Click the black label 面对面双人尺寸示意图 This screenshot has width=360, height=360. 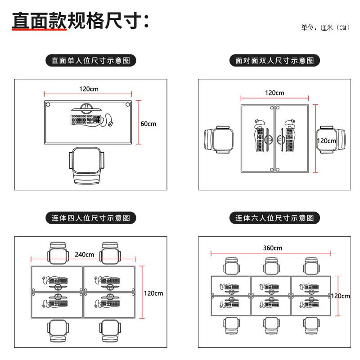(x=274, y=60)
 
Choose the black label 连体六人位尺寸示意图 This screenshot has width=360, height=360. (x=274, y=218)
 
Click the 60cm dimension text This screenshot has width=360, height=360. (x=148, y=123)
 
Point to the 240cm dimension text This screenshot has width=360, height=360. (x=84, y=254)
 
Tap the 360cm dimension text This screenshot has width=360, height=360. (x=272, y=248)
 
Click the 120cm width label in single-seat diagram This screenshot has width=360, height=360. (x=89, y=89)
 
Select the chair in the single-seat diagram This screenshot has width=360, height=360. (x=86, y=166)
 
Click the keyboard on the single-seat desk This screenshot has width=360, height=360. (x=85, y=120)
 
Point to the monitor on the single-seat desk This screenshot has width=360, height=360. (x=87, y=108)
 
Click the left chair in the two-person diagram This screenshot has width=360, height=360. (x=218, y=140)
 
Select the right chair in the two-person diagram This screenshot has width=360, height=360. (x=331, y=140)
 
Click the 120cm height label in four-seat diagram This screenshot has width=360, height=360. (x=153, y=293)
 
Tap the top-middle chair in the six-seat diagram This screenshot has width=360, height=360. (x=272, y=265)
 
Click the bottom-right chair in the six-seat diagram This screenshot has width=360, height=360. (x=311, y=328)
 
